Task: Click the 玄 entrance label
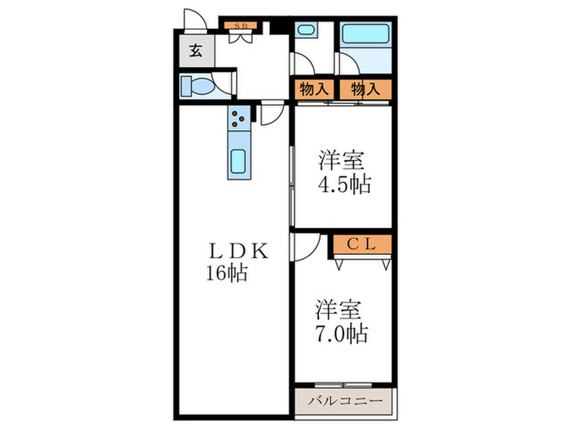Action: coord(196,51)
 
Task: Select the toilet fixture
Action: coord(197,85)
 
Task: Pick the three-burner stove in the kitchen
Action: coord(238,120)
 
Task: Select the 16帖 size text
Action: coord(227,272)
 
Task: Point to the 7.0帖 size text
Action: coord(342,333)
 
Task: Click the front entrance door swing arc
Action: coord(194,20)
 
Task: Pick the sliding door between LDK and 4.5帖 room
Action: coord(291,184)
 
